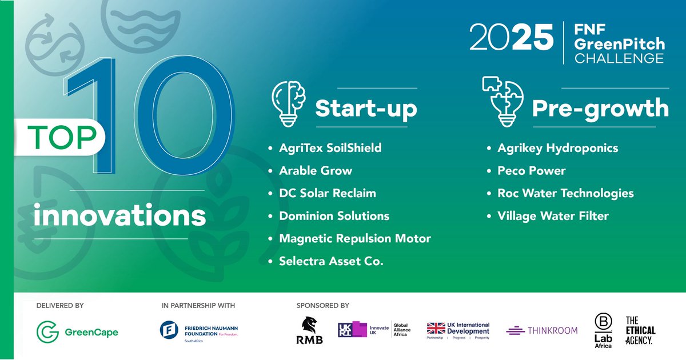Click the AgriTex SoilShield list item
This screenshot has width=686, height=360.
pos(330,148)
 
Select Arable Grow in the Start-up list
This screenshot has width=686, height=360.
pos(315,171)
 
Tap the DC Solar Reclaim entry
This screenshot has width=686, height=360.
pos(327,193)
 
